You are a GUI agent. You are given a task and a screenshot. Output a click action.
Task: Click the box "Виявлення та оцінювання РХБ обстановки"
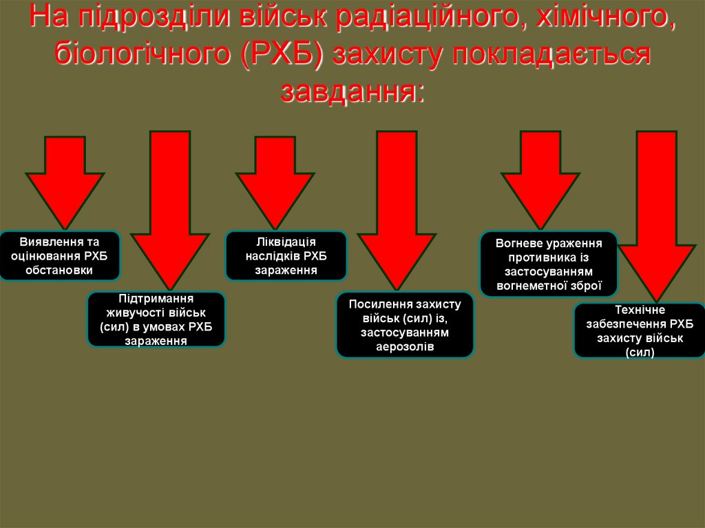(x=60, y=256)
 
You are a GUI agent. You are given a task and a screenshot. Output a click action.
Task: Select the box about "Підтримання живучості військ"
(x=156, y=319)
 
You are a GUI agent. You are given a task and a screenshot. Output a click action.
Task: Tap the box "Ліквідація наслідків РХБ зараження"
(x=286, y=255)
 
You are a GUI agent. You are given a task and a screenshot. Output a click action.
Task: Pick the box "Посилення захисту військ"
(x=404, y=325)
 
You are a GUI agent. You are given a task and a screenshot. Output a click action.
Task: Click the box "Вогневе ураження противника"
(x=549, y=264)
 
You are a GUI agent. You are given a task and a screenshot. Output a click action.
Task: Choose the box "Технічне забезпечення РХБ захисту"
(x=639, y=330)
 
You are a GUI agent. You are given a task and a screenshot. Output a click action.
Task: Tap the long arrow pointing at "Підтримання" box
(x=170, y=207)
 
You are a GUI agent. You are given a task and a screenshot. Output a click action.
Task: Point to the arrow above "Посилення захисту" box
(x=397, y=207)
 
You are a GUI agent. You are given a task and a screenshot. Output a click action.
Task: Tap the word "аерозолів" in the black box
(x=404, y=346)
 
